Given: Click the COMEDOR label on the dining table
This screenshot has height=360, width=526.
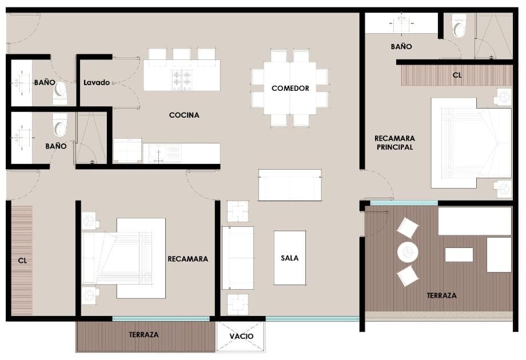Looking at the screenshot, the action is click(290, 88).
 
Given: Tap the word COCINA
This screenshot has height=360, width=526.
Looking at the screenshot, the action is click(184, 115).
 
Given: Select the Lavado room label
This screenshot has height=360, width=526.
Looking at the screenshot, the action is click(97, 82).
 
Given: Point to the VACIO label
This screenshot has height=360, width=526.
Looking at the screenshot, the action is click(241, 336).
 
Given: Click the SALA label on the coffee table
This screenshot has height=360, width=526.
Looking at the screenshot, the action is click(290, 258).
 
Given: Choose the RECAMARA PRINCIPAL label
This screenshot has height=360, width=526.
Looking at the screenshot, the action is click(395, 142).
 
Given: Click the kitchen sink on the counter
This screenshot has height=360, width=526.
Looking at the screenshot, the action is click(162, 154).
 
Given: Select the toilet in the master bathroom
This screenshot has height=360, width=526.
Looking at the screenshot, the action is click(459, 26).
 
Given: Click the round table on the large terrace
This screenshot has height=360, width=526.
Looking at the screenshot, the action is click(408, 252).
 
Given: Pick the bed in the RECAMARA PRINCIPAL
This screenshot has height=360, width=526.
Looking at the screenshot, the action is click(471, 143).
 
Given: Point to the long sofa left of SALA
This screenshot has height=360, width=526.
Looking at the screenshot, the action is click(238, 258).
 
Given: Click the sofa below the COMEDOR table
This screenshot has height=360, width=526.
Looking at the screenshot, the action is click(290, 185).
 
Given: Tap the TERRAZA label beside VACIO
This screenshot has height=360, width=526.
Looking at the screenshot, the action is click(144, 334).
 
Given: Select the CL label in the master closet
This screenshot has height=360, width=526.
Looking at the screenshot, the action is click(457, 75).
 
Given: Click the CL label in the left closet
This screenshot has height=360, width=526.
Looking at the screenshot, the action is click(22, 261).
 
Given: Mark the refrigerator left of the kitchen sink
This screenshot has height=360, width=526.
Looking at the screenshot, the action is click(127, 150).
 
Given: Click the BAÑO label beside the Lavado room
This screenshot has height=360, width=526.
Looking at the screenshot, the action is click(45, 82).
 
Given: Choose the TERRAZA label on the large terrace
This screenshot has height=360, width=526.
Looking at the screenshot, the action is click(441, 295).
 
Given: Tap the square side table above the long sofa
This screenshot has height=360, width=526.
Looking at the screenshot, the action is click(238, 211).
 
